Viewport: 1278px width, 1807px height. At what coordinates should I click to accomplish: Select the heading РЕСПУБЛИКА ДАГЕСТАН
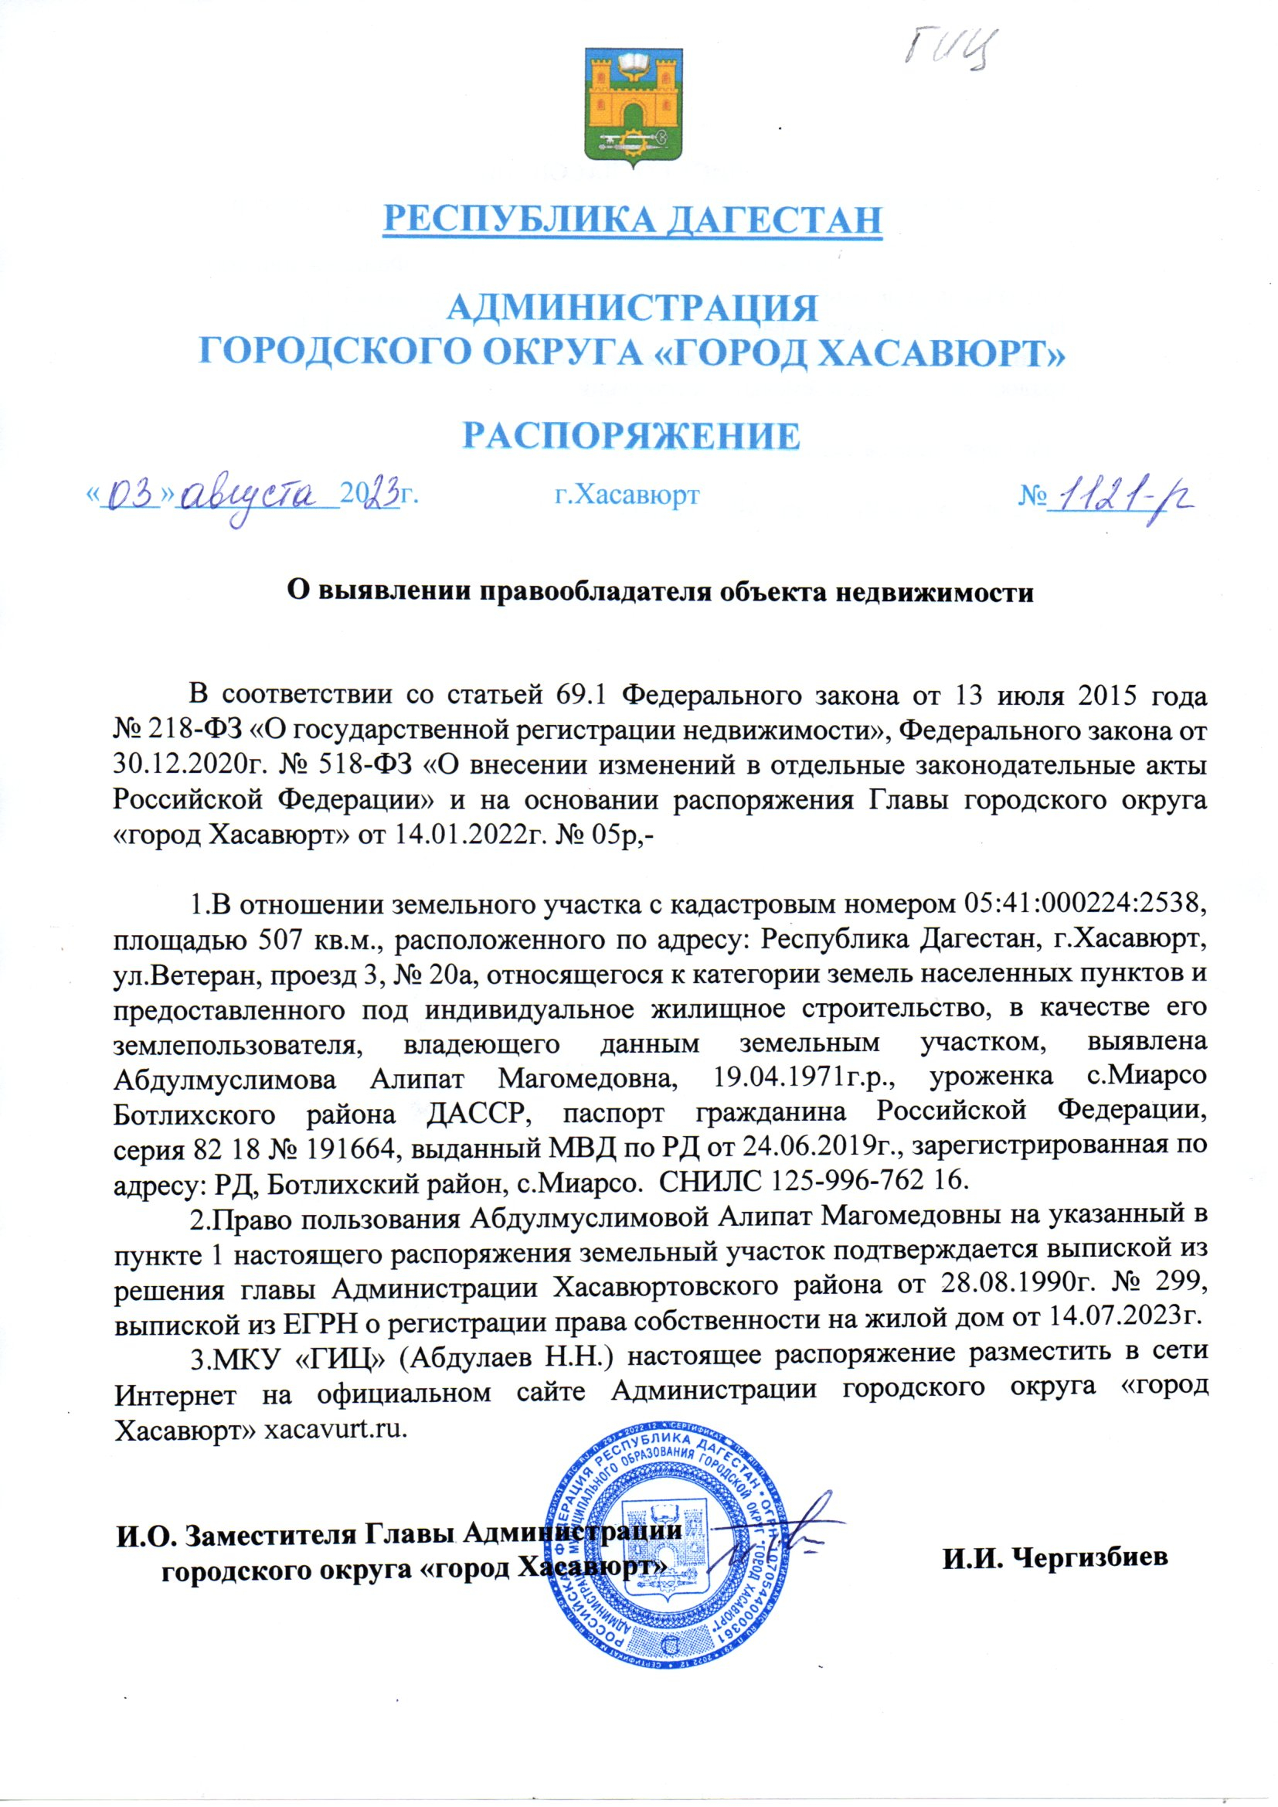[x=632, y=219]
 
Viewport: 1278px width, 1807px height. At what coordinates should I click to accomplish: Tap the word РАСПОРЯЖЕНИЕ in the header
[x=631, y=435]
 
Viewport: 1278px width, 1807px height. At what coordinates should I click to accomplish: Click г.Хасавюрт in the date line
[x=627, y=495]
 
